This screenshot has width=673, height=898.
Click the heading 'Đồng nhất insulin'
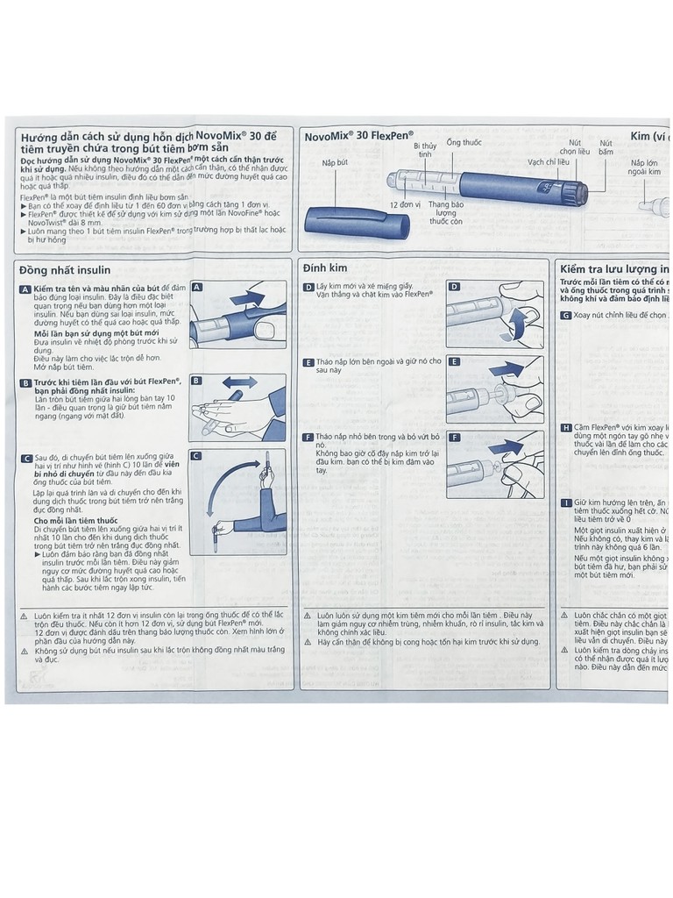65,270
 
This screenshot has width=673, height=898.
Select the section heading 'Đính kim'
325,267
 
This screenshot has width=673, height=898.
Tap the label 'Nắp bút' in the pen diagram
335,163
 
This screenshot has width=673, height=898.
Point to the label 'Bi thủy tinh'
425,150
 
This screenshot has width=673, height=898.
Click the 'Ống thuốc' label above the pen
464,142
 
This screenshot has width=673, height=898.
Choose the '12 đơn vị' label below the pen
407,204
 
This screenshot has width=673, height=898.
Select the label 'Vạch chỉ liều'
549,162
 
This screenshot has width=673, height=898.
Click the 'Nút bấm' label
606,146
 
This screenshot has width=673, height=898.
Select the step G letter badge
566,315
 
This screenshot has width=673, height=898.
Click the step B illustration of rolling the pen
237,408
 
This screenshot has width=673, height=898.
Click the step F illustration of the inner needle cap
494,465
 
